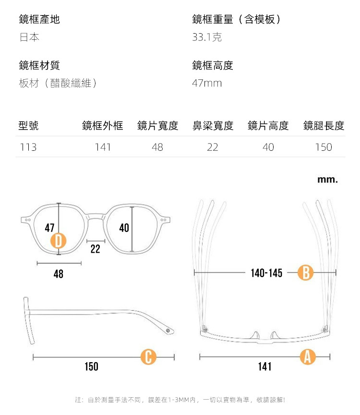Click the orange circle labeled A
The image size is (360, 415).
(307, 357)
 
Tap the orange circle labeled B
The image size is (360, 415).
(305, 273)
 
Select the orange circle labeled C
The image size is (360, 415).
(148, 357)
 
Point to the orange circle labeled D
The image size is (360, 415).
(59, 241)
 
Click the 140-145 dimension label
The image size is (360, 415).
(266, 273)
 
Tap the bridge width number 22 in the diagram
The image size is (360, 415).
(95, 249)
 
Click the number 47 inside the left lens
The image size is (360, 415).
(49, 228)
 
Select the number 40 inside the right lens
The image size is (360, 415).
(124, 228)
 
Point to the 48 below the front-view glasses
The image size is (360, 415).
(58, 274)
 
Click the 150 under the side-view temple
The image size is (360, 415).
(91, 367)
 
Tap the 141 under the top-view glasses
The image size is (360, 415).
(264, 367)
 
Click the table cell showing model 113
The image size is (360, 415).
(28, 147)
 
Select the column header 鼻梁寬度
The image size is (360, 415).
(213, 126)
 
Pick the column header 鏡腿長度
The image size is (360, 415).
(324, 126)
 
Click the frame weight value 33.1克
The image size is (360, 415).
(207, 37)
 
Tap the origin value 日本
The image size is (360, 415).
(29, 37)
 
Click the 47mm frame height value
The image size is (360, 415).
(207, 83)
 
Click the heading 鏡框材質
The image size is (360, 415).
(39, 65)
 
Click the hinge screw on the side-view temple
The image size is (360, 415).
(168, 331)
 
